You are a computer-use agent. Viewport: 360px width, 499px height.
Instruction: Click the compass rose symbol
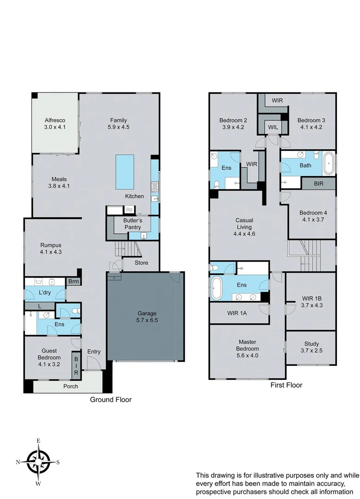(38, 462)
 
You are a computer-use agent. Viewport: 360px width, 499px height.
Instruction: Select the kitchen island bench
(125, 171)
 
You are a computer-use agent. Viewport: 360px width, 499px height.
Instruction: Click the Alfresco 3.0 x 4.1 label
(55, 123)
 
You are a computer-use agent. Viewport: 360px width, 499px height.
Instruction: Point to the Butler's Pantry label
(133, 224)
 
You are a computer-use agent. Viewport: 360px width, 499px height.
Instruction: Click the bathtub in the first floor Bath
(329, 164)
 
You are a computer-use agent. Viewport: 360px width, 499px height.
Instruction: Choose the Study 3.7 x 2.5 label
(311, 347)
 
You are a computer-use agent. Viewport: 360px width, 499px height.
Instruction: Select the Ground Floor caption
(110, 400)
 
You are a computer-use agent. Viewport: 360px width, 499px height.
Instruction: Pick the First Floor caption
(286, 385)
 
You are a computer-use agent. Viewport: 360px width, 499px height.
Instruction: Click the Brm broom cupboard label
(73, 281)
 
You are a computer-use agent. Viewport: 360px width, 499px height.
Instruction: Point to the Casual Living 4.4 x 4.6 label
(244, 227)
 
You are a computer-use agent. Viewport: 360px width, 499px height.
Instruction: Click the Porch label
(71, 386)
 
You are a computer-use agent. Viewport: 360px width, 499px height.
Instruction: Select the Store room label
(141, 263)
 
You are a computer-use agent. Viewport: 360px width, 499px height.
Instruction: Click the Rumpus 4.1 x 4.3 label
(51, 249)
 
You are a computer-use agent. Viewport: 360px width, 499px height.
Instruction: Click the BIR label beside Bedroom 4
(319, 183)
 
